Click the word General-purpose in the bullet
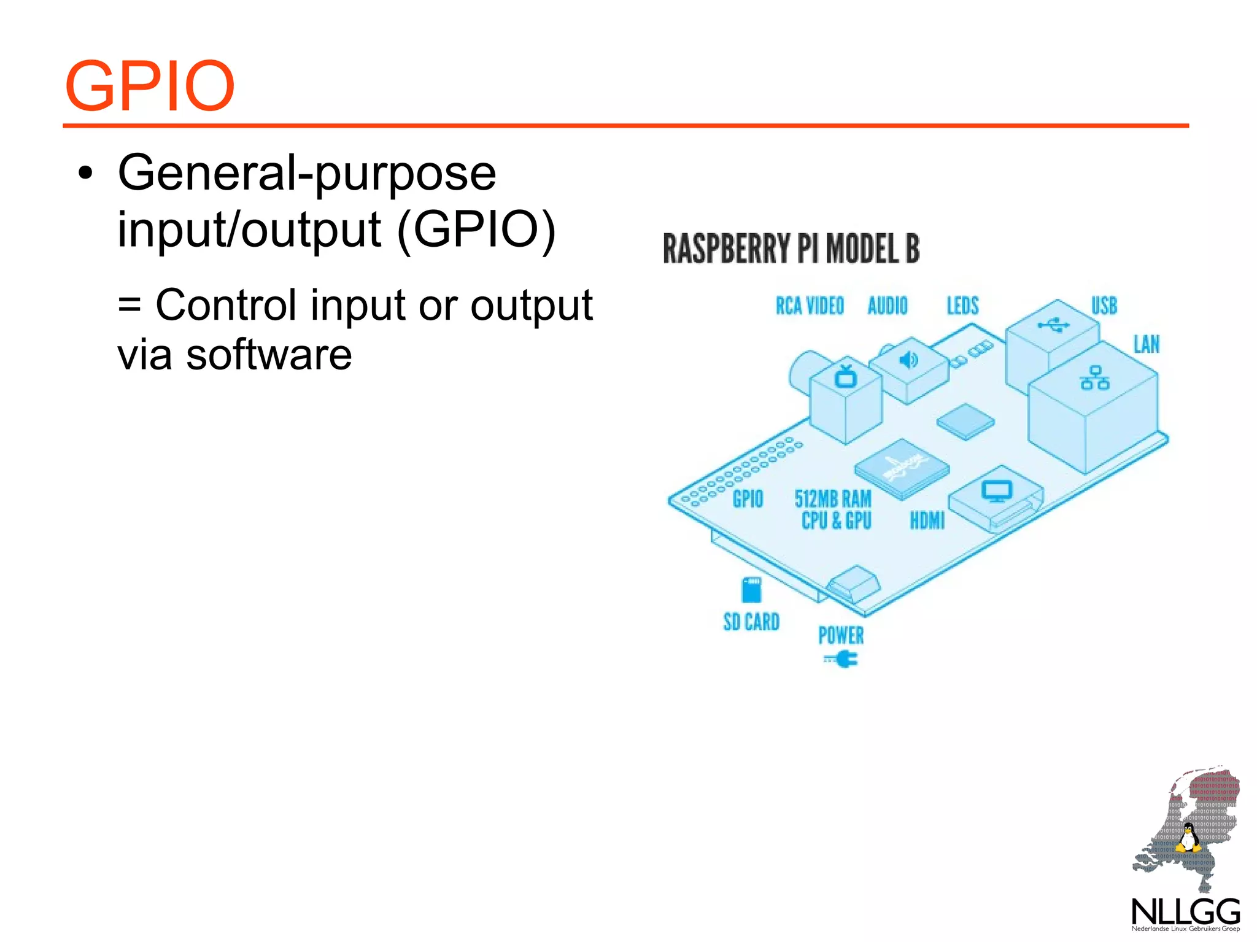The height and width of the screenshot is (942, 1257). [x=307, y=173]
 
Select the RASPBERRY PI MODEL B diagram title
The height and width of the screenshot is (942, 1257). [x=791, y=249]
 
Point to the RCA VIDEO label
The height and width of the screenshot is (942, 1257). [x=810, y=306]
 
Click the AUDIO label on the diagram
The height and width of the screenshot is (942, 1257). [x=887, y=306]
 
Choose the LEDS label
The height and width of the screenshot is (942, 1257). [x=962, y=306]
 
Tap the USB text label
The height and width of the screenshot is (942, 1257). [x=1104, y=306]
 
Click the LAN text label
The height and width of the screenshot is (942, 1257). [x=1146, y=344]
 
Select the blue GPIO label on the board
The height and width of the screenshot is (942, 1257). [x=748, y=499]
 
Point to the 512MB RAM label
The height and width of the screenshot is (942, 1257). [x=833, y=499]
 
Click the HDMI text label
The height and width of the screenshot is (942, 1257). [x=927, y=521]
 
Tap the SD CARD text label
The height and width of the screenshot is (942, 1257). [x=751, y=622]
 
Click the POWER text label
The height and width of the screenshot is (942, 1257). [x=841, y=635]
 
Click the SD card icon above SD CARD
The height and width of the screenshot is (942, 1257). [x=751, y=590]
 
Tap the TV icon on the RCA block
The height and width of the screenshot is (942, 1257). [x=846, y=376]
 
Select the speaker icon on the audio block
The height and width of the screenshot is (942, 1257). [x=908, y=360]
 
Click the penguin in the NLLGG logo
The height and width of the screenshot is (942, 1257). [x=1188, y=838]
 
